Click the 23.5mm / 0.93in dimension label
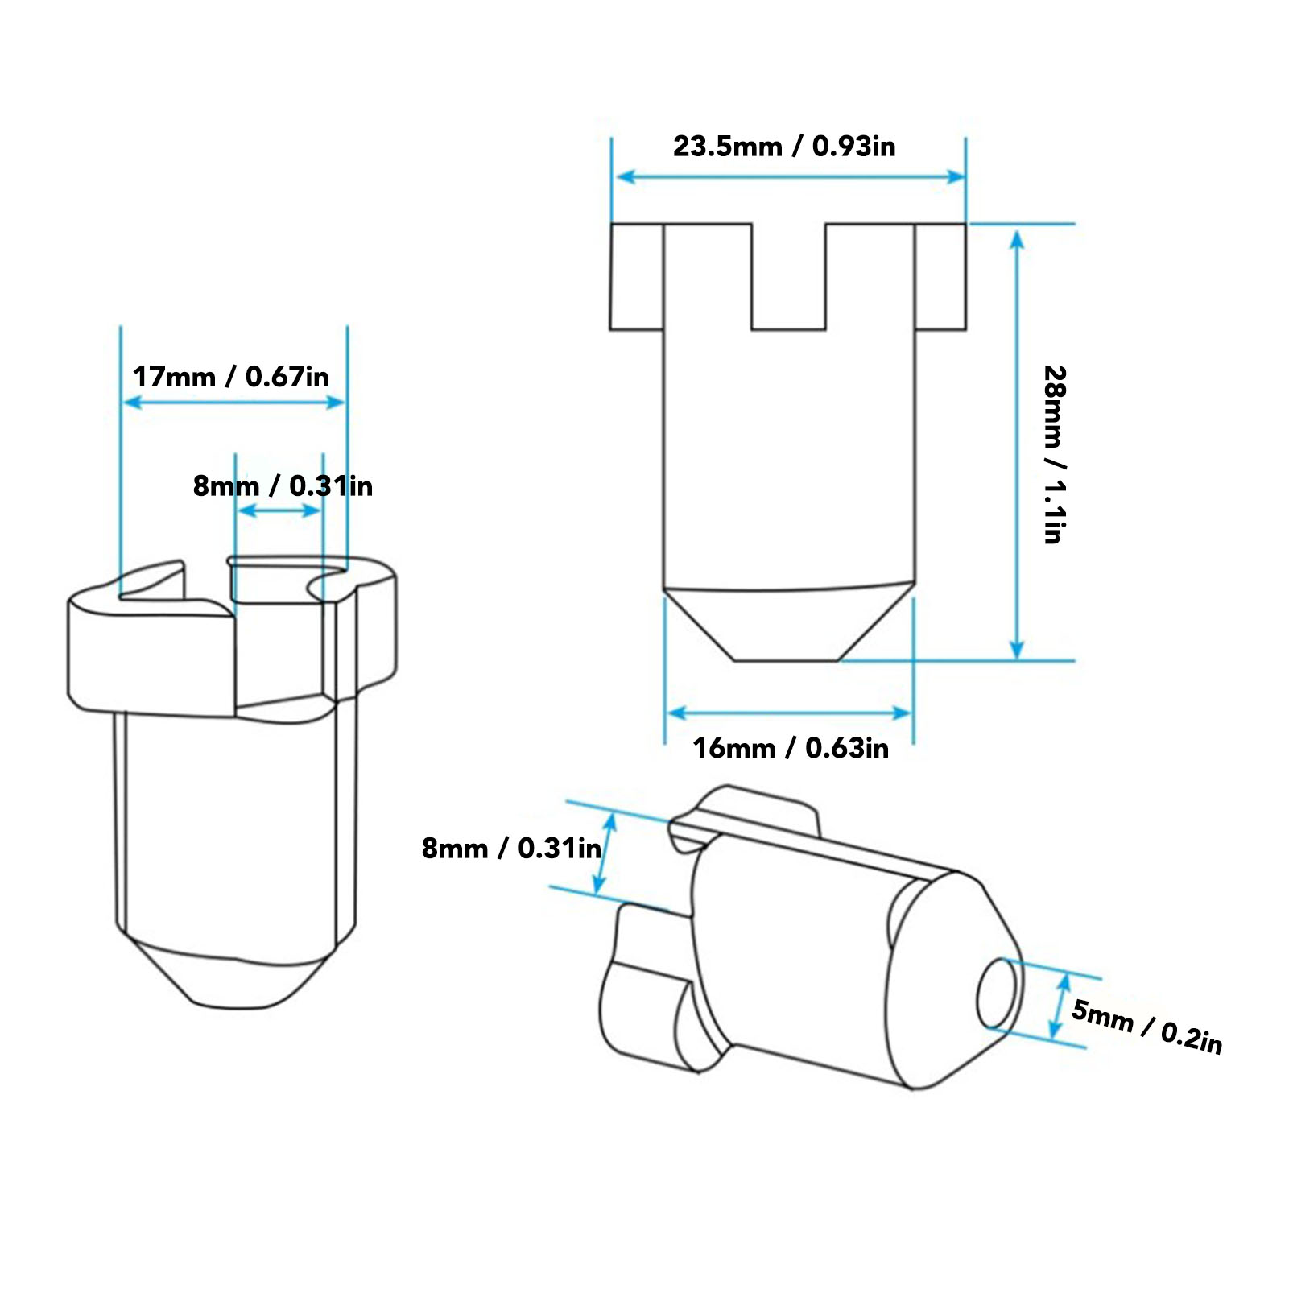[x=784, y=147]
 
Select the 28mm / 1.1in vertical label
[x=1055, y=455]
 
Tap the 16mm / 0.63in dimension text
[x=791, y=748]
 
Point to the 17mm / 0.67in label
[x=231, y=377]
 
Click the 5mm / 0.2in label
[x=1146, y=1027]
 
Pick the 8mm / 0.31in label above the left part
[x=283, y=486]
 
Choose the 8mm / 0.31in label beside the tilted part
[x=511, y=848]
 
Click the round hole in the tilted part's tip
[x=997, y=994]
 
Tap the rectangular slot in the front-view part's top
[x=789, y=276]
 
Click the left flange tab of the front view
[x=637, y=277]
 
